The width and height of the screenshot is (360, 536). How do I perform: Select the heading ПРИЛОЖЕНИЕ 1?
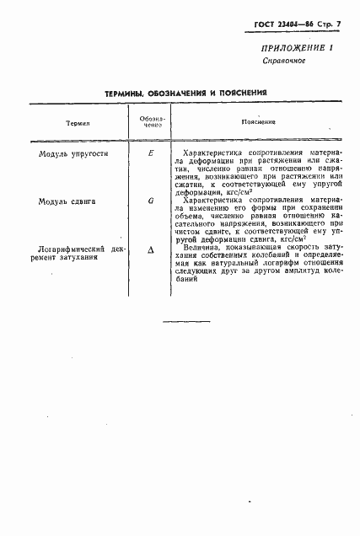pos(298,47)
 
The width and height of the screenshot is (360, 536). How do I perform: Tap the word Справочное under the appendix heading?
pos(283,62)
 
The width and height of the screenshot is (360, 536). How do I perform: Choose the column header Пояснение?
pos(254,124)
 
